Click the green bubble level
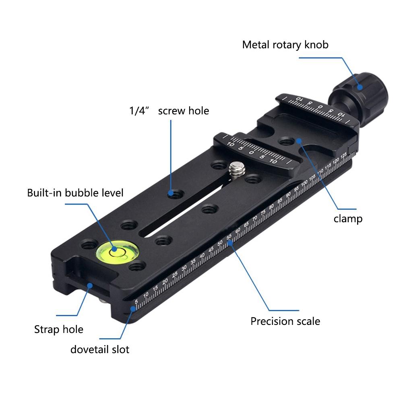[x=117, y=251]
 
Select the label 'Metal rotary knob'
[x=285, y=44]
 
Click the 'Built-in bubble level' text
[x=75, y=193]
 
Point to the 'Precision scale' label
[x=285, y=321]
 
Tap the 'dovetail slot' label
[x=100, y=349]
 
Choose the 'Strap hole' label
[x=59, y=329]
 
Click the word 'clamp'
[x=348, y=219]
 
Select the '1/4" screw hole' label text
[x=169, y=111]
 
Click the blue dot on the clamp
[x=299, y=141]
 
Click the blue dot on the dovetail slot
[x=132, y=309]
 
